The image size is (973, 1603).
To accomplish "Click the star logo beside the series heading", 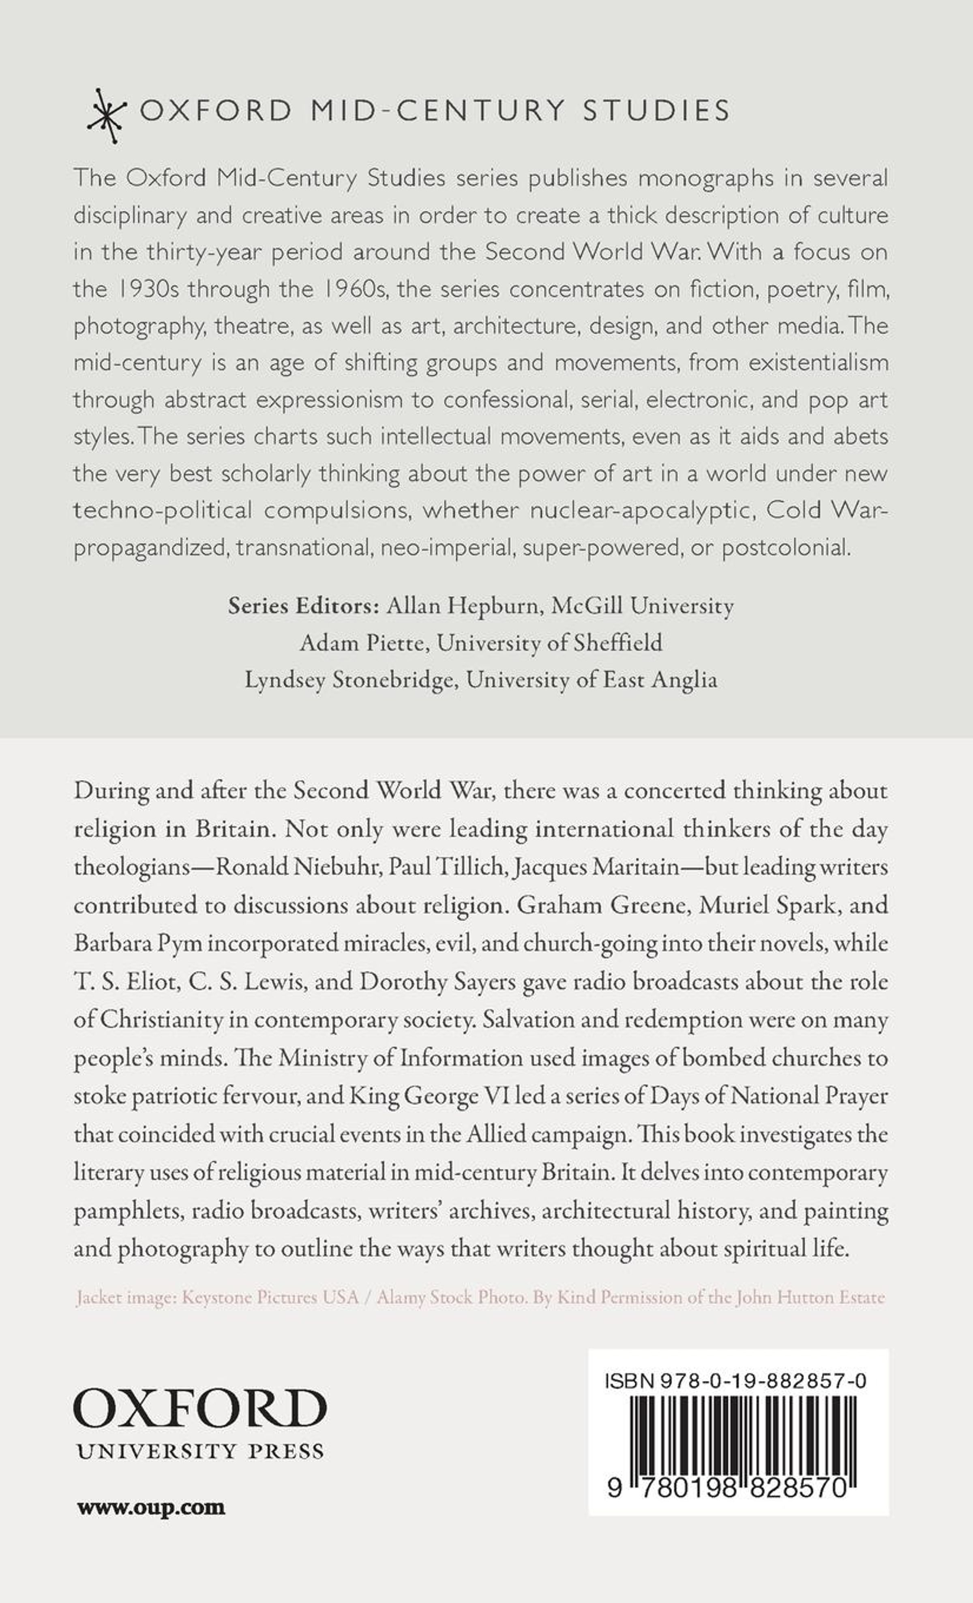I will click(108, 116).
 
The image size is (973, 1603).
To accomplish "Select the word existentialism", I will click(818, 362).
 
